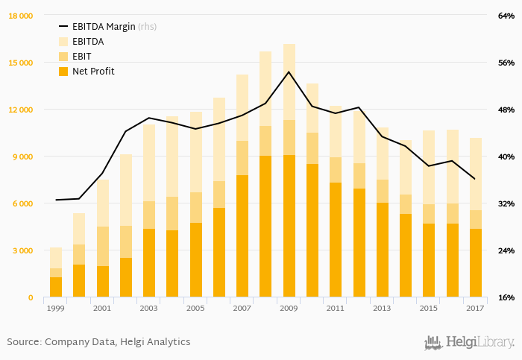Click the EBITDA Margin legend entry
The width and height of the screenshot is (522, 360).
click(104, 26)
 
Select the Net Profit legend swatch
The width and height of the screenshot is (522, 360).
click(63, 72)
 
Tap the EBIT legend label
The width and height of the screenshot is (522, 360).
click(82, 57)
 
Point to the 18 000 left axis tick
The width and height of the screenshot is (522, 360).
click(20, 16)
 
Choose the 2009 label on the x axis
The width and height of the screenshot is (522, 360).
click(289, 308)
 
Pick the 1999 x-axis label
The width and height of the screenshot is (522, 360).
click(56, 308)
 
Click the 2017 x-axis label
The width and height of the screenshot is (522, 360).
click(475, 308)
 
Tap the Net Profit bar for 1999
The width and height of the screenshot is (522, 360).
click(56, 287)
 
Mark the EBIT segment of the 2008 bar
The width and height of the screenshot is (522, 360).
click(265, 141)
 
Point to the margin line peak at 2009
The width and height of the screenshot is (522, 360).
click(289, 72)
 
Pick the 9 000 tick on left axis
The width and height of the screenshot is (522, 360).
click(22, 157)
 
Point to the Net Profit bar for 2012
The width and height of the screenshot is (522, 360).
click(359, 243)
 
